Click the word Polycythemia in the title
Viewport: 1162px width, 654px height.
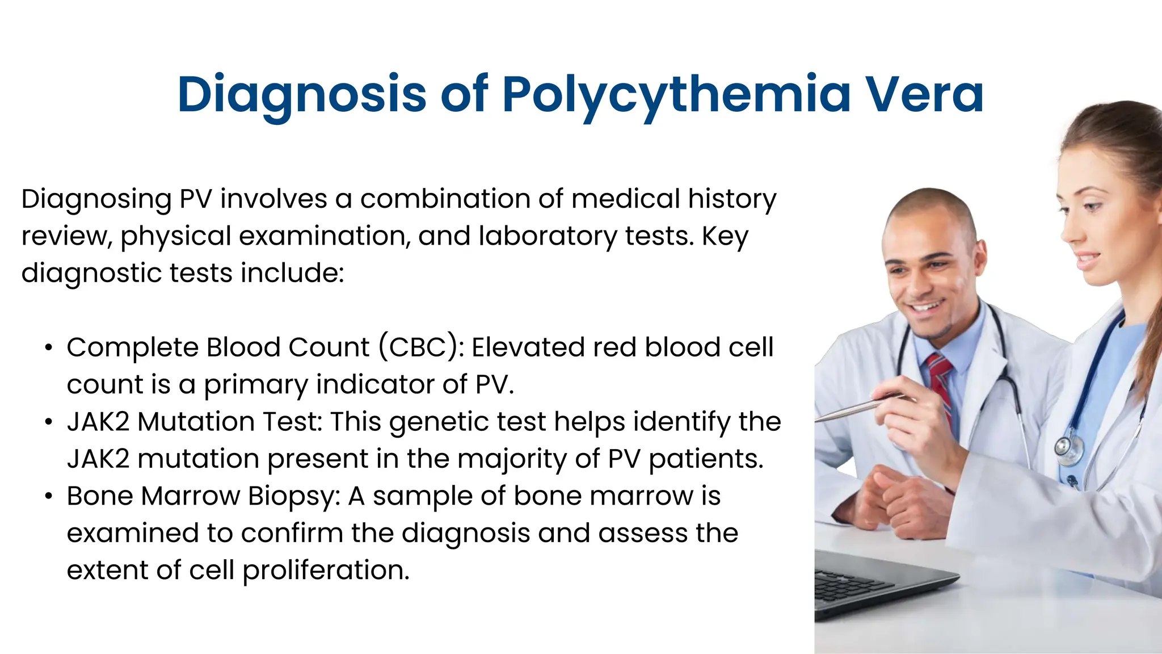point(676,95)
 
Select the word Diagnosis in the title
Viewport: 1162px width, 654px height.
point(301,95)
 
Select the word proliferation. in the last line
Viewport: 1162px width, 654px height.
point(326,571)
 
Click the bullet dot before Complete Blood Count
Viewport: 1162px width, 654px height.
point(49,348)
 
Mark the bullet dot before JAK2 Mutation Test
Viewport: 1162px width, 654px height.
point(49,422)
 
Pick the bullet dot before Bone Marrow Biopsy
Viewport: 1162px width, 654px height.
point(49,497)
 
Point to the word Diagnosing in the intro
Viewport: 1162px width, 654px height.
point(96,200)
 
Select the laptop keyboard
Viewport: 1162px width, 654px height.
point(851,585)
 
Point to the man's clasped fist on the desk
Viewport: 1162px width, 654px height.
point(902,500)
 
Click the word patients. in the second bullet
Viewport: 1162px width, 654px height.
point(706,459)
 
